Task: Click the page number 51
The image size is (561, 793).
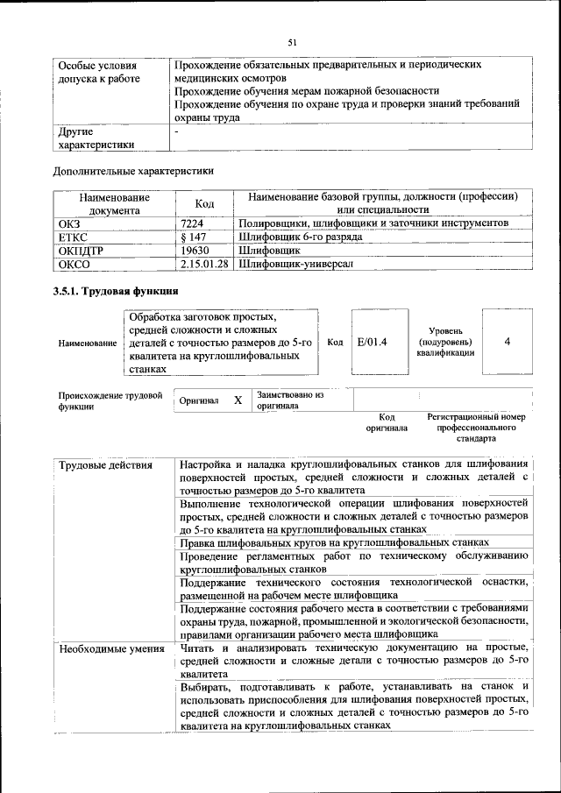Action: (x=293, y=41)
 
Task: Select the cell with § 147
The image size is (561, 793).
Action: (x=192, y=237)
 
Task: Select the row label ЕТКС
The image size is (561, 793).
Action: (x=72, y=237)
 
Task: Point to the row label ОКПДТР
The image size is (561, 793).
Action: (x=80, y=250)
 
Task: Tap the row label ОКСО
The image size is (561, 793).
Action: (x=73, y=263)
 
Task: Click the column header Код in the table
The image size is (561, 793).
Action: (x=204, y=204)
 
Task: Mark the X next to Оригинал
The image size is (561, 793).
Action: (x=238, y=400)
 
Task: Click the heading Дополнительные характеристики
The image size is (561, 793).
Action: (x=133, y=171)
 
